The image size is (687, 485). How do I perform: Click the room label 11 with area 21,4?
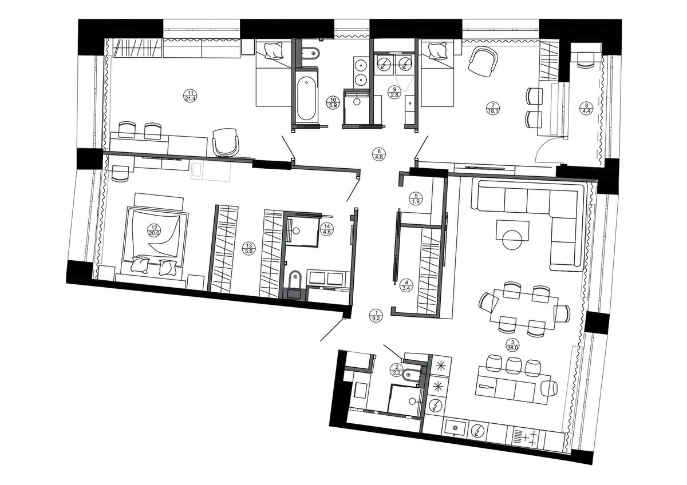190,96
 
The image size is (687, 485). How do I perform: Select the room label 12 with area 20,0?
154,230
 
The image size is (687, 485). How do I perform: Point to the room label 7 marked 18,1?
493,109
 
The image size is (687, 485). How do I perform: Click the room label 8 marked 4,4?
586,109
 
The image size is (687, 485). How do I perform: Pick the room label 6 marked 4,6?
379,154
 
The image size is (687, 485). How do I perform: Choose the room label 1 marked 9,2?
376,315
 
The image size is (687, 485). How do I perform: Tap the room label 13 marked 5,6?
248,248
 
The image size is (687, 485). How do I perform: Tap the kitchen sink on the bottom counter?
455,428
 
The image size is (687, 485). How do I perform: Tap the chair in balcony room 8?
586,59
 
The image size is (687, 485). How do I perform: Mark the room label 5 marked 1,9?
416,198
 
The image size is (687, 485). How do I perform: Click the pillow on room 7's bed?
437,50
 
